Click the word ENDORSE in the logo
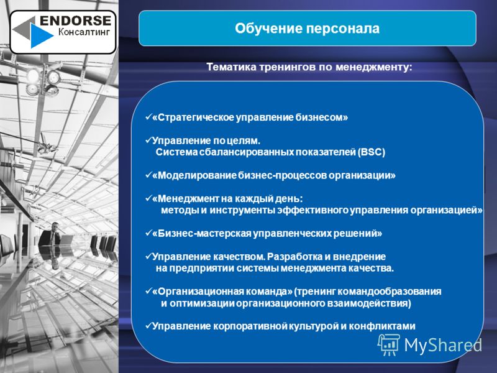pyautogui.click(x=75, y=21)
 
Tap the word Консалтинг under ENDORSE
pyautogui.click(x=84, y=32)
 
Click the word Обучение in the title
pyautogui.click(x=268, y=29)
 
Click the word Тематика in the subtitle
pyautogui.click(x=231, y=67)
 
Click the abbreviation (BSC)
pyautogui.click(x=371, y=152)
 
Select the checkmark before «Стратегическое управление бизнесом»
pyautogui.click(x=148, y=117)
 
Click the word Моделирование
pyautogui.click(x=197, y=175)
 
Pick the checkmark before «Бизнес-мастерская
pyautogui.click(x=148, y=233)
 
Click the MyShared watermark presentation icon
pyautogui.click(x=389, y=345)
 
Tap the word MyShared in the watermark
pyautogui.click(x=443, y=345)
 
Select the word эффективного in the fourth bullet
pyautogui.click(x=313, y=210)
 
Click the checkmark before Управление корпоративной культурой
pyautogui.click(x=148, y=326)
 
